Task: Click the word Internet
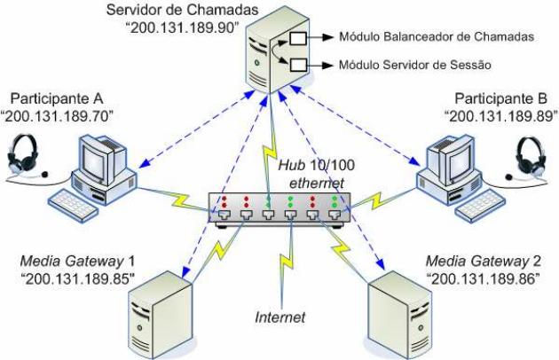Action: (x=280, y=317)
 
